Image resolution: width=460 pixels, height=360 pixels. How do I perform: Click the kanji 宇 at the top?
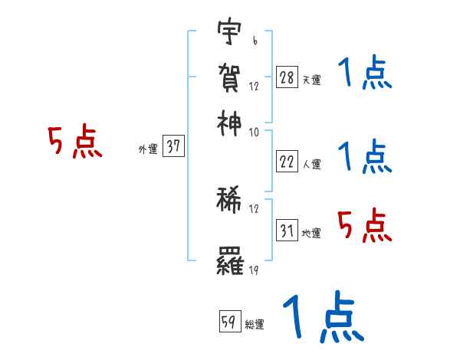click(229, 33)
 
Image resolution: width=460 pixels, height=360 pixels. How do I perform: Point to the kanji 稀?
click(229, 201)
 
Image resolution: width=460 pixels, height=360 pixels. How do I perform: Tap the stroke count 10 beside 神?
click(254, 132)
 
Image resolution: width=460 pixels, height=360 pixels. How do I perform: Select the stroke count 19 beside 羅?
click(254, 270)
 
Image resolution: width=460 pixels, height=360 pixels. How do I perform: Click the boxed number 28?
click(286, 77)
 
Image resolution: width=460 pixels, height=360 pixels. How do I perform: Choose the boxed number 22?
click(286, 162)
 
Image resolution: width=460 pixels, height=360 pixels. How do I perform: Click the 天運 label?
click(311, 80)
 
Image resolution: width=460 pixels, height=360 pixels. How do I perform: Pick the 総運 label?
click(255, 324)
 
